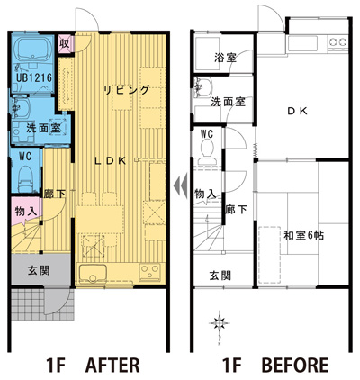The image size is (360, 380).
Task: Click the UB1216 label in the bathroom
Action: point(34,77)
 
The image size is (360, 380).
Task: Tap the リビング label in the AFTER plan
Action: point(126,89)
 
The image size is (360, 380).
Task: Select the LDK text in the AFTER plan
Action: point(110,161)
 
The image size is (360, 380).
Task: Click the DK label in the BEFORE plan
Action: point(297,112)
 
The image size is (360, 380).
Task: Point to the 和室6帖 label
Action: point(303,235)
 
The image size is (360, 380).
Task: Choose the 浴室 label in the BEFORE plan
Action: point(225,57)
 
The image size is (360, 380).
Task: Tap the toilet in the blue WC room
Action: point(26,178)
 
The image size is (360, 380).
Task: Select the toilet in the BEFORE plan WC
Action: point(207,151)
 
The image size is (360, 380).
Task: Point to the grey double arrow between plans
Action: point(181,183)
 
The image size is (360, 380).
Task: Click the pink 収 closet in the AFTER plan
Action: point(65,44)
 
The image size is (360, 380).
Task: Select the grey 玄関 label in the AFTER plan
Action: point(39,271)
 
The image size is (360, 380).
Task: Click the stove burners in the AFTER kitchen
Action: point(149,272)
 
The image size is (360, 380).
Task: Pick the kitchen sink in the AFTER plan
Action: point(93,273)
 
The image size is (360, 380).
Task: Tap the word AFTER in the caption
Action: point(112,365)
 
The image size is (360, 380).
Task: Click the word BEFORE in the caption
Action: point(295,365)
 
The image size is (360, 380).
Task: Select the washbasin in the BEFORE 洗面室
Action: point(203,87)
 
